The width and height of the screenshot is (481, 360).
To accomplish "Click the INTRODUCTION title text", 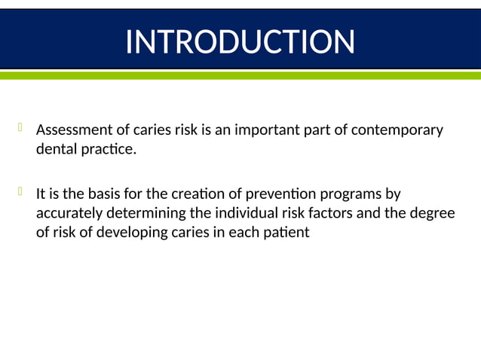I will pyautogui.click(x=240, y=41).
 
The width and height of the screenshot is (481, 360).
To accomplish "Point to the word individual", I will pyautogui.click(x=246, y=213).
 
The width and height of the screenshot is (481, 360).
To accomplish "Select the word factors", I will pyautogui.click(x=329, y=213).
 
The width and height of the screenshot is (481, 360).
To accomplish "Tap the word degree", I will pyautogui.click(x=433, y=213).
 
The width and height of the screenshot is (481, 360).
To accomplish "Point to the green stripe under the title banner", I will pyautogui.click(x=240, y=75).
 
